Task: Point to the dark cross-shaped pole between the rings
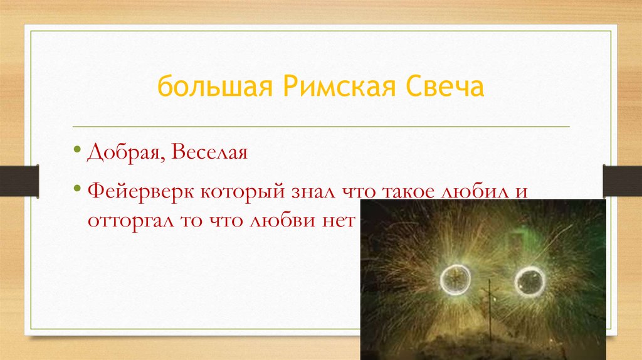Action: [489, 301]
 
